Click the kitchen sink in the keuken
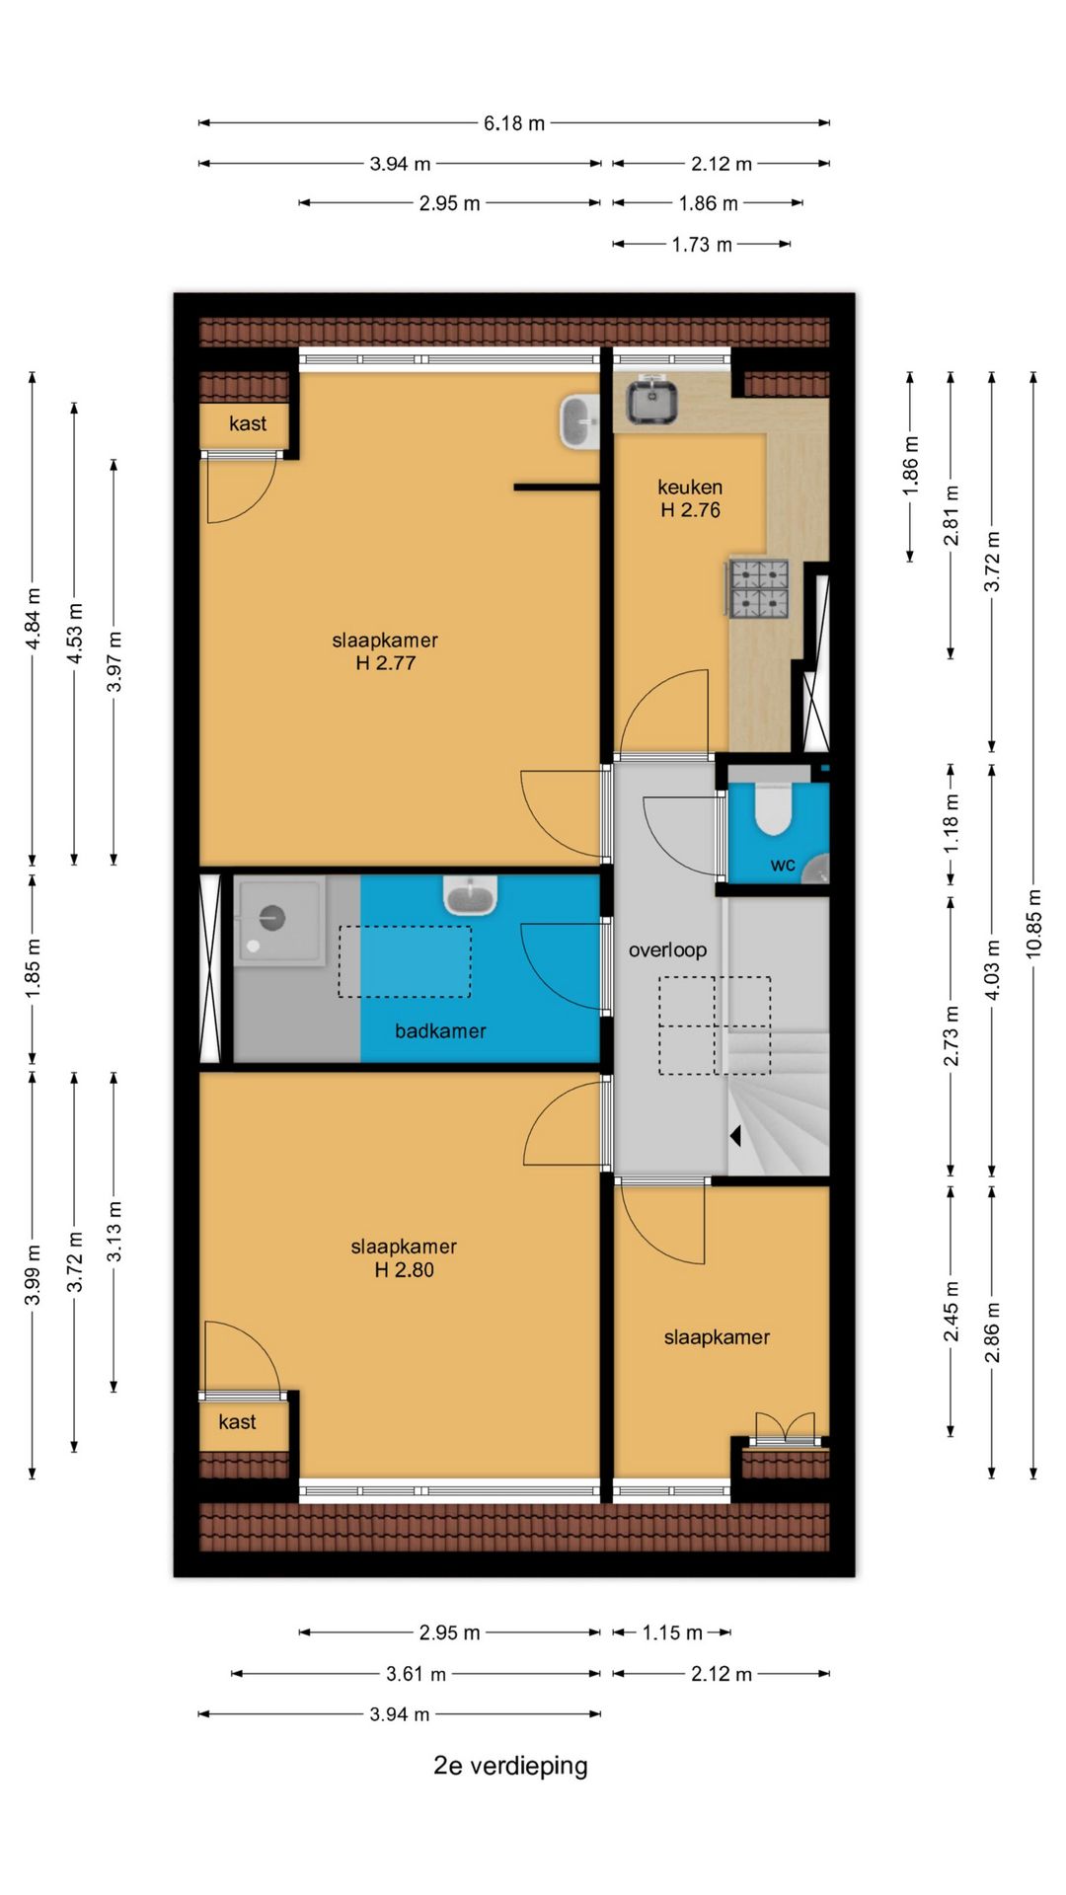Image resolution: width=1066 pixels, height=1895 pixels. click(x=651, y=400)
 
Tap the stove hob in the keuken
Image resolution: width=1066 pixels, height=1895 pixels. click(x=759, y=588)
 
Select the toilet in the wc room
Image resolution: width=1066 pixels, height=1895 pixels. click(x=773, y=808)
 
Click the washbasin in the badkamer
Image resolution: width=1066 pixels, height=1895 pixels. click(x=470, y=895)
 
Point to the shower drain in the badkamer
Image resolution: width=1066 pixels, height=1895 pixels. click(x=272, y=918)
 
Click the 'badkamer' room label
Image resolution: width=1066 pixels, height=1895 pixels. click(x=440, y=1031)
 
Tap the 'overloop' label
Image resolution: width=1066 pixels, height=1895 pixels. click(x=667, y=949)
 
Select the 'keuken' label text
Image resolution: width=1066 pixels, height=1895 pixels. click(x=690, y=487)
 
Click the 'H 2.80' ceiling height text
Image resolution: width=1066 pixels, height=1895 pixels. click(x=404, y=1270)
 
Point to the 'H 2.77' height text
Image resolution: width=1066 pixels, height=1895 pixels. click(x=385, y=663)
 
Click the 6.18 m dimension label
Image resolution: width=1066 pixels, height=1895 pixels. click(x=513, y=123)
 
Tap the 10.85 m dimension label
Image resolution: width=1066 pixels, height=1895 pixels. click(x=1033, y=923)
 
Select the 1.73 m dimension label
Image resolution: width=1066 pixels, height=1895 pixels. click(x=702, y=245)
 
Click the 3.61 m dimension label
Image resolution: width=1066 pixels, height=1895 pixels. click(x=416, y=1674)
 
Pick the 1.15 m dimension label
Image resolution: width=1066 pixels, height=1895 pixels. click(x=672, y=1632)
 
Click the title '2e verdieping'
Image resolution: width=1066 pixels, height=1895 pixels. click(x=510, y=1765)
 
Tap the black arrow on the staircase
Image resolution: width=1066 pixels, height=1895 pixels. click(x=735, y=1136)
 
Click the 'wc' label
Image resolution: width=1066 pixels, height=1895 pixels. click(x=783, y=866)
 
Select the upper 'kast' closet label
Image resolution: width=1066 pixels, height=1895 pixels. click(x=247, y=423)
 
